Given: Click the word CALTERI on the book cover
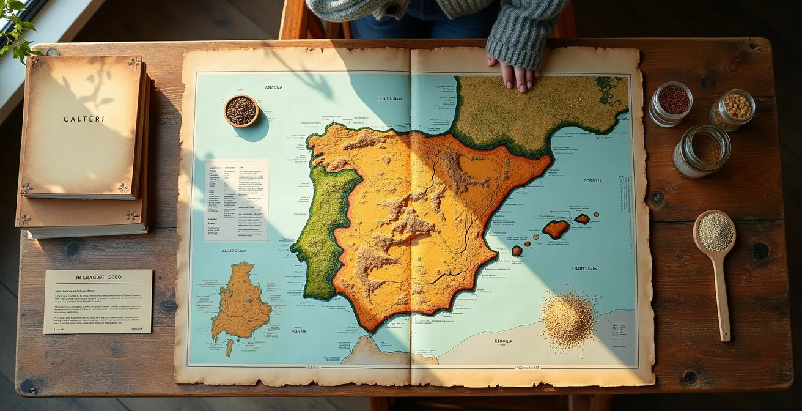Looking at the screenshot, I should click(83, 119).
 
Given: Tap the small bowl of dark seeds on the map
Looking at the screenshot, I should click(241, 111).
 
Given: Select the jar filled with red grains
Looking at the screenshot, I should click(672, 101).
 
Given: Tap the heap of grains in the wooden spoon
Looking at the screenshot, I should click(715, 232).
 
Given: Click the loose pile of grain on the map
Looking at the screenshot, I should click(568, 319).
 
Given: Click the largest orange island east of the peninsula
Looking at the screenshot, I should click(556, 229).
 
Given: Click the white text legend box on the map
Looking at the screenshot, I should click(236, 199).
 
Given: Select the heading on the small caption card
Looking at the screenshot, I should click(98, 278).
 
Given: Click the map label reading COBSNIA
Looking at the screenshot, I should click(592, 181).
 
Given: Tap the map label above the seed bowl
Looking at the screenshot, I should click(273, 88).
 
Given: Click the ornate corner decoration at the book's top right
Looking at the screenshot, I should click(133, 63).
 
